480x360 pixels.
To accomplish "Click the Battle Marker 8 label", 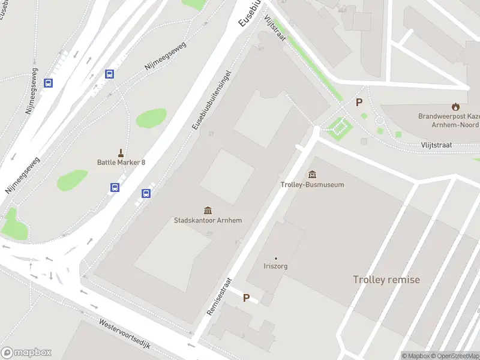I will point(121,163).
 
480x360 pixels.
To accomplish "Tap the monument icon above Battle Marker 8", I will point(121,152).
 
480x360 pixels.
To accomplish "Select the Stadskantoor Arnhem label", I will point(208,220).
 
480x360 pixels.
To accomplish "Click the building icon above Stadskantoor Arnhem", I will point(208,210).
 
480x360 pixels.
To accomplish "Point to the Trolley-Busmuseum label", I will point(312,185).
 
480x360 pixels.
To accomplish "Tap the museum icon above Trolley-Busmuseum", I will point(312,175).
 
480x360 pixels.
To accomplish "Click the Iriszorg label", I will point(276,266).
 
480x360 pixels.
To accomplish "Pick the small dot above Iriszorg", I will point(276,259).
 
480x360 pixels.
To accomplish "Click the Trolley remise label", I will point(386,280).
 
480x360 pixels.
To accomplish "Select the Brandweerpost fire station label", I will point(449,120).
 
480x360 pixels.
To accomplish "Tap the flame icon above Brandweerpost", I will point(456,106).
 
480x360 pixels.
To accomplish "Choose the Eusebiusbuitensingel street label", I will point(211,100).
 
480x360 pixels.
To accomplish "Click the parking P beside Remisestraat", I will point(246,298).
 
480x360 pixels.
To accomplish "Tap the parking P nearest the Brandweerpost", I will point(359,103).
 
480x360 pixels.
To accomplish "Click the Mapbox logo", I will point(26,353).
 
